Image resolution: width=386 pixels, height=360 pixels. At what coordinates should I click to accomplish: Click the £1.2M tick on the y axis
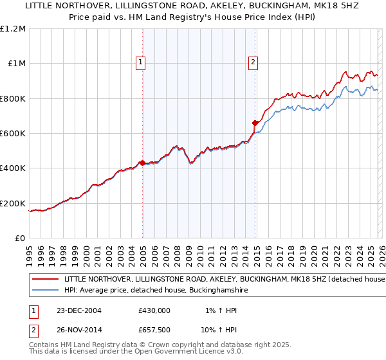13,28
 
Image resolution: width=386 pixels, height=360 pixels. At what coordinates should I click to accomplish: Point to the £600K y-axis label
13,134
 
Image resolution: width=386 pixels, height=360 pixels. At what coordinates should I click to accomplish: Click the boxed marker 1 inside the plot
140,62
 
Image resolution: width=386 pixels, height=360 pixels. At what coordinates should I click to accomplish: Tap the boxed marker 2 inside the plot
253,62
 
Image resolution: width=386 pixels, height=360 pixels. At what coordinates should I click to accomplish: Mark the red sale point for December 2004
142,163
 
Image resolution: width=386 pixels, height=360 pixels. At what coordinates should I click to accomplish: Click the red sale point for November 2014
255,123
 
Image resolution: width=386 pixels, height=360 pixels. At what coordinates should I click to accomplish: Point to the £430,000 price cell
154,310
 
